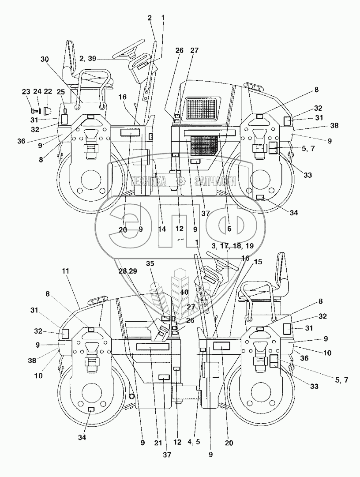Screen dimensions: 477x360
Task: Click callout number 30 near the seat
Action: point(45,59)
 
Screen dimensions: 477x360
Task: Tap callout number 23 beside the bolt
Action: point(26,91)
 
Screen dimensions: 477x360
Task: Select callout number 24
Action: point(37,91)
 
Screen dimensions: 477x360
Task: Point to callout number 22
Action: point(48,91)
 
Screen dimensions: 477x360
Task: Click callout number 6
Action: point(229,229)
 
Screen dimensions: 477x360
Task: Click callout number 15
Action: point(258,261)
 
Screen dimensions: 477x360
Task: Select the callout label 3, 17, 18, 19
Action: point(226,245)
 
